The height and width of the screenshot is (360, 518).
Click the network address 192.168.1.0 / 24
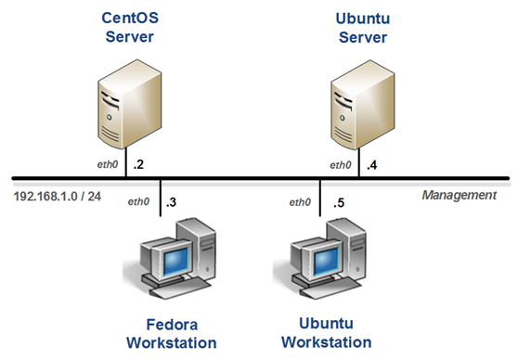pos(57,197)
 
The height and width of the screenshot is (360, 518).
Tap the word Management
pos(459,196)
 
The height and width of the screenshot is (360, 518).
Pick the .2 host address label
pos(139,165)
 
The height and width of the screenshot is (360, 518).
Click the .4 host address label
pos(371,165)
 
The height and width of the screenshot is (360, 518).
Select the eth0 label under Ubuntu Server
pos(341,165)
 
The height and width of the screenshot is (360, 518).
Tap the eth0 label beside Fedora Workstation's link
pos(139,201)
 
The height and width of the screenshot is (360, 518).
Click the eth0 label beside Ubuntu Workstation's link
pos(300,201)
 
